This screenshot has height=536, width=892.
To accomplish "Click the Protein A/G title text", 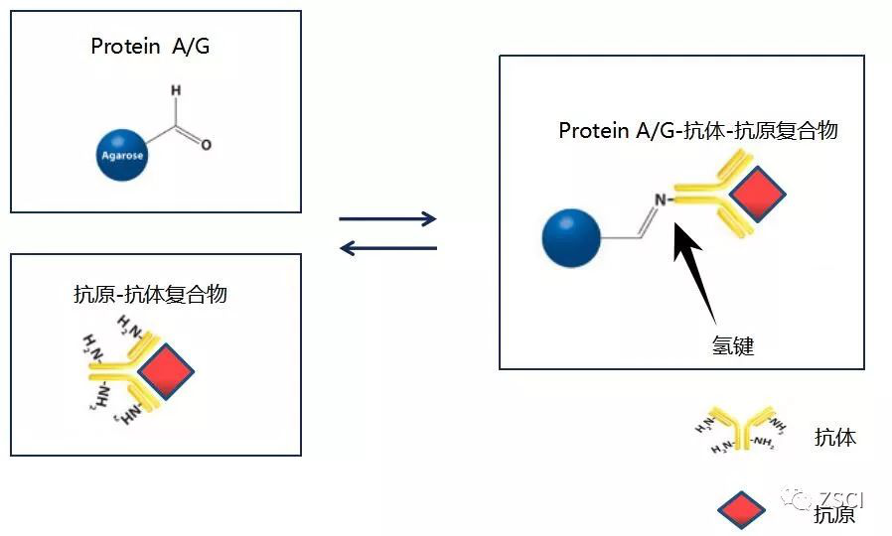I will coord(150,47).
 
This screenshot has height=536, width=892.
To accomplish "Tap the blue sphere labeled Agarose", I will coord(122,154).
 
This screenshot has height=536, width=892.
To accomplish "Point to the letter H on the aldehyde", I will coord(176,91).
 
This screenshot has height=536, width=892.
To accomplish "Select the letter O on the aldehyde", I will coord(207,145).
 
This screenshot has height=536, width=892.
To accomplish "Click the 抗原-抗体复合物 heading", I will coord(150,295).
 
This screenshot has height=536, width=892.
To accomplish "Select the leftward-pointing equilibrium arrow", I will coord(387,247).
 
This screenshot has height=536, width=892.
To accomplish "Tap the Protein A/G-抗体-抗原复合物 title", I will coord(698,131).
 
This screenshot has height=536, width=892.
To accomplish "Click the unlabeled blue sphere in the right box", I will coord(571,239).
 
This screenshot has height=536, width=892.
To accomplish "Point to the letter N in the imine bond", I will coord(659,200).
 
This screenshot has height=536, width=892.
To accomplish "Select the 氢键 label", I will coord(733,345).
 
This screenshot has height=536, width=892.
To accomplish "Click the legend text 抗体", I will coord(834,437).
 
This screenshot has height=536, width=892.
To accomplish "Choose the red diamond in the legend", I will coord(741,510).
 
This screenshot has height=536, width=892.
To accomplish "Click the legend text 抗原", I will coord(834,514).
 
